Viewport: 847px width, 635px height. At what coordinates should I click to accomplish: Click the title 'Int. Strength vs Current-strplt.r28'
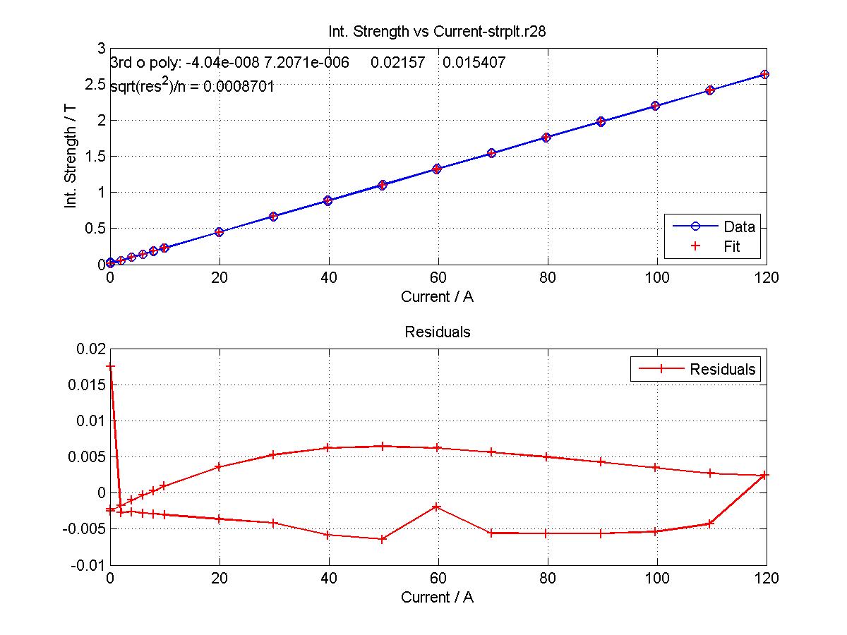click(x=437, y=32)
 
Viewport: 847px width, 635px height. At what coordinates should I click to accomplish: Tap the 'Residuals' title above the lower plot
click(x=438, y=332)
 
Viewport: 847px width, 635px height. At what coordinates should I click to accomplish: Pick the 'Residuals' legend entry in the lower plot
click(x=697, y=369)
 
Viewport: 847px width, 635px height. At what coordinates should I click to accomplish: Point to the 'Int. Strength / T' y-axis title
click(x=70, y=157)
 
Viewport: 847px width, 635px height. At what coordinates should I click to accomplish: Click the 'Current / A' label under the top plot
click(x=437, y=297)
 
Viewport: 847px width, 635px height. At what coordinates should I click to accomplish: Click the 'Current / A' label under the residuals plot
click(x=437, y=597)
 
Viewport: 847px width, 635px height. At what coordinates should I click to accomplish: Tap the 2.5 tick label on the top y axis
click(x=95, y=85)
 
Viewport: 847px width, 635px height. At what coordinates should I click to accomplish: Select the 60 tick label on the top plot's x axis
click(x=438, y=277)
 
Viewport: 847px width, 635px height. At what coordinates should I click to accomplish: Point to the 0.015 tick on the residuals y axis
click(x=87, y=385)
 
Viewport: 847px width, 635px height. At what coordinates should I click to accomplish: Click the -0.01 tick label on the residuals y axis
click(x=88, y=566)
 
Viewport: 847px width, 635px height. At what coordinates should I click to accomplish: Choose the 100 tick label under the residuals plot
click(x=656, y=579)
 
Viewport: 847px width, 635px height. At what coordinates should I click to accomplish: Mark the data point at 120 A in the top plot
click(x=764, y=74)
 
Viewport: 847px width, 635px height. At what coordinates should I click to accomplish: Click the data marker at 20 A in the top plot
click(x=220, y=232)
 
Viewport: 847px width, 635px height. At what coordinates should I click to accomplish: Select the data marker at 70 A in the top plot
click(x=491, y=153)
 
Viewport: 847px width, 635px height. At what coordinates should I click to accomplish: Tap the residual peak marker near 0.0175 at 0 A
click(x=110, y=366)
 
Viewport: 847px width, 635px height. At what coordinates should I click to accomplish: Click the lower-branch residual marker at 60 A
click(x=436, y=507)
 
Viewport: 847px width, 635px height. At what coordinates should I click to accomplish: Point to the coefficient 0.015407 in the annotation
click(x=474, y=63)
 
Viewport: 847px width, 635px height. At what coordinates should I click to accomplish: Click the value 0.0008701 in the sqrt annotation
click(x=239, y=86)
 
